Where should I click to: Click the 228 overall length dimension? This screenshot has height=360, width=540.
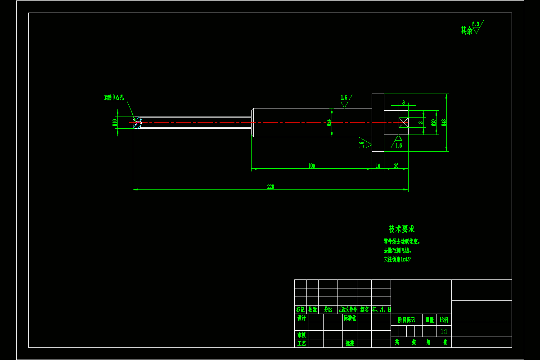(270, 187)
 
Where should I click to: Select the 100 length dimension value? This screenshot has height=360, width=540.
(311, 166)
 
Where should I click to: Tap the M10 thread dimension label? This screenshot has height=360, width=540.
(115, 122)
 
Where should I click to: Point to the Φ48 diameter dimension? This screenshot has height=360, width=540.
(444, 122)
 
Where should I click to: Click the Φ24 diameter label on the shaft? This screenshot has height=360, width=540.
(329, 122)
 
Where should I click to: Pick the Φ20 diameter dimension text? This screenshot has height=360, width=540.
(433, 122)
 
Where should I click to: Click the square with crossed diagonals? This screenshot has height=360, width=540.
(403, 122)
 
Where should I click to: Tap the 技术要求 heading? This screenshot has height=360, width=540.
(401, 229)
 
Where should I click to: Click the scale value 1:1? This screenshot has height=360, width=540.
(444, 331)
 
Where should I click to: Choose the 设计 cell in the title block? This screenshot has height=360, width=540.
(301, 318)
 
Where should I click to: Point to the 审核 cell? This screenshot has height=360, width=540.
(301, 335)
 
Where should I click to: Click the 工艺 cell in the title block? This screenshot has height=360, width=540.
(301, 343)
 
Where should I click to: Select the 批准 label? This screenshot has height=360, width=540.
(350, 343)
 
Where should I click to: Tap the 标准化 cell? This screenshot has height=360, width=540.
(350, 318)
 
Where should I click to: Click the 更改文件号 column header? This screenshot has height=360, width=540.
(347, 310)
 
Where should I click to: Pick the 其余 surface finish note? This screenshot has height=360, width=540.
(466, 31)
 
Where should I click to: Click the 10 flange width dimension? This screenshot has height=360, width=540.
(378, 166)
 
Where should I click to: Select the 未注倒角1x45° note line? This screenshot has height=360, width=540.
(397, 260)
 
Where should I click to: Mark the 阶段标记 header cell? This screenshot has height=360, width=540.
(406, 320)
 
